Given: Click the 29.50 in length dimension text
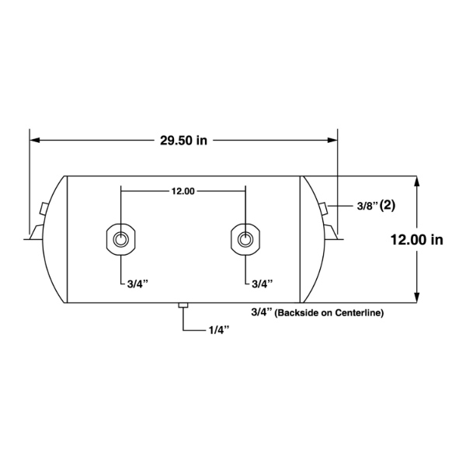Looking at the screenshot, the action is coord(183,141).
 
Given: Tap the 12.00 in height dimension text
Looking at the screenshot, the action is coord(416,239).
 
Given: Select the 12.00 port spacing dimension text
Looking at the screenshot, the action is coord(183,191).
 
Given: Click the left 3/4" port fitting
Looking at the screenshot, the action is coord(120,239).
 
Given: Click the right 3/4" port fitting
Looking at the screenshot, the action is coord(245,239).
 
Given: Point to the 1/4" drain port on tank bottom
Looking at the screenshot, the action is coord(183,305).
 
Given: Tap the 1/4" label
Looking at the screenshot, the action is coord(219,330).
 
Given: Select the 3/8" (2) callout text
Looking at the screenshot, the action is coord(376,206).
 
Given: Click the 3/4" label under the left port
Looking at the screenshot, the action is coord(137,284).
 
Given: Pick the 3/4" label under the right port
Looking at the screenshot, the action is coord(263,284).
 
